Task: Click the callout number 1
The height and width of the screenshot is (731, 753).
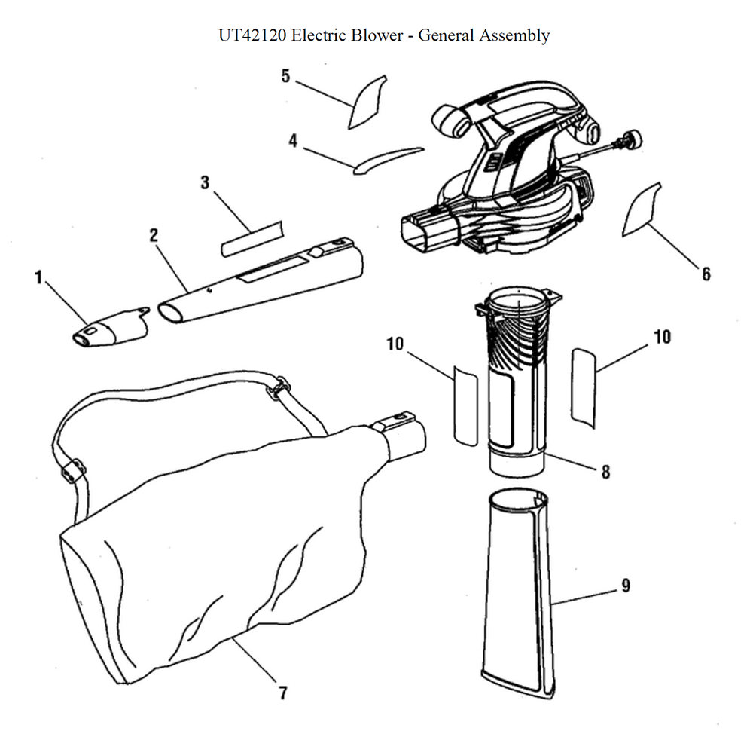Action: [38, 278]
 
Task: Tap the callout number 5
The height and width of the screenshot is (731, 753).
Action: [285, 76]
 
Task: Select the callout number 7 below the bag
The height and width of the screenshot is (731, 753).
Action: [283, 693]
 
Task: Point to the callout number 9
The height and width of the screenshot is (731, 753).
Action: [626, 586]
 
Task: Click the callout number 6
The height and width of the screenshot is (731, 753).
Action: [706, 274]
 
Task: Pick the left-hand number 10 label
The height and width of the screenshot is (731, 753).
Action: [395, 344]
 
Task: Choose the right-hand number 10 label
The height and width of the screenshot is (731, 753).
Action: [662, 337]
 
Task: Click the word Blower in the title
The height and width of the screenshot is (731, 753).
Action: [376, 35]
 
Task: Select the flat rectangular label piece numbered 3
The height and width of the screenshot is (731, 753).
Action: [252, 239]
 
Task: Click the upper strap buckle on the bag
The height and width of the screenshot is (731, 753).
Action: [279, 388]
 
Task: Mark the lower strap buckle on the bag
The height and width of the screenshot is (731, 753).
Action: [72, 471]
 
